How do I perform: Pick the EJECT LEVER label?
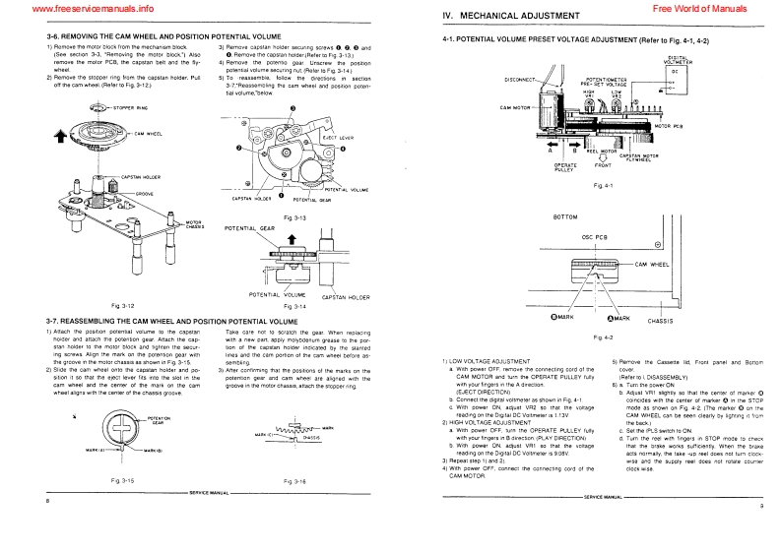click(338, 139)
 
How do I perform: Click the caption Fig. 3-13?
click(293, 215)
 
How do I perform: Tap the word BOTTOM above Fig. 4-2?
click(566, 215)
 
